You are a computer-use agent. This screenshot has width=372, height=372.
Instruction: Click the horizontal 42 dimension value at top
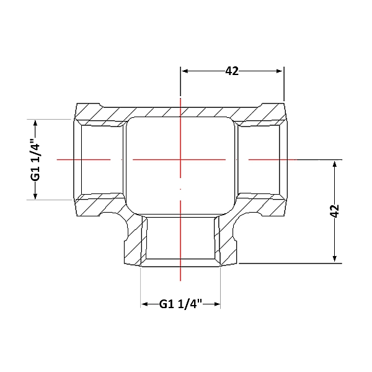(x=232, y=71)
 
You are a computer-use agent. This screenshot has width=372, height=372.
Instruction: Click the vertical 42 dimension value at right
(x=335, y=211)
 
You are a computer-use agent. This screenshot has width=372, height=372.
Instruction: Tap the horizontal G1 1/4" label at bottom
(x=180, y=304)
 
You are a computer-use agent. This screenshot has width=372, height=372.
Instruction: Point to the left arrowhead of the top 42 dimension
(x=185, y=71)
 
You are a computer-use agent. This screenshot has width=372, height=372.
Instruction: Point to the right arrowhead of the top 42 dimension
(x=280, y=71)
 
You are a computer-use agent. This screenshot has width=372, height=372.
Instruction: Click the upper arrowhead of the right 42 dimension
(x=335, y=165)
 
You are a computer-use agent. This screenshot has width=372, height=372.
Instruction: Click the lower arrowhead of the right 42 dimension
(x=335, y=259)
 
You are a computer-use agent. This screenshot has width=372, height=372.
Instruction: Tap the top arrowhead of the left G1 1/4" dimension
(x=35, y=123)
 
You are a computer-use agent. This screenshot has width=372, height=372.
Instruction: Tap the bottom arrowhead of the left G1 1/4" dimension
(x=35, y=195)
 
